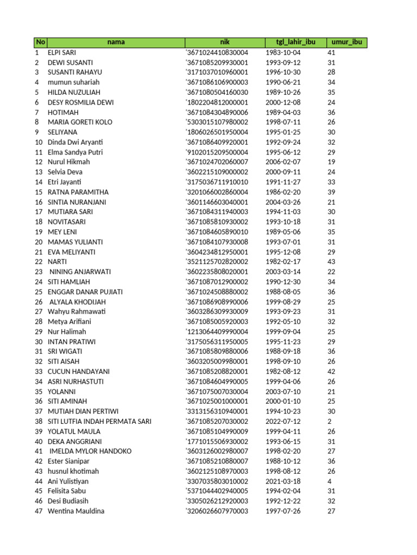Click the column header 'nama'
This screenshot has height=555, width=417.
pyautogui.click(x=116, y=42)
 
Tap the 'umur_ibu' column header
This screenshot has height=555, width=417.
pyautogui.click(x=347, y=42)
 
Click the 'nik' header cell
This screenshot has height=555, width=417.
pyautogui.click(x=225, y=42)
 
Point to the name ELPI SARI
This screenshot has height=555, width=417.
pyautogui.click(x=62, y=53)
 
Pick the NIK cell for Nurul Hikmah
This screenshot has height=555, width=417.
pyautogui.click(x=217, y=162)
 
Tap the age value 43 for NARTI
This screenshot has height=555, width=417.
pyautogui.click(x=331, y=262)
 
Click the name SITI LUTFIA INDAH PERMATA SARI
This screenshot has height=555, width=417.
pyautogui.click(x=99, y=421)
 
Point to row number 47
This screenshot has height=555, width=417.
pyautogui.click(x=39, y=511)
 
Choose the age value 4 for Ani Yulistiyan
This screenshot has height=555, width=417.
pyautogui.click(x=329, y=481)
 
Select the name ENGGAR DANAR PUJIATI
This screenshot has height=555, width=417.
pyautogui.click(x=85, y=292)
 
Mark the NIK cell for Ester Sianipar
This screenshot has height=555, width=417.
pyautogui.click(x=217, y=461)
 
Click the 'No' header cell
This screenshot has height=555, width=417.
pyautogui.click(x=40, y=42)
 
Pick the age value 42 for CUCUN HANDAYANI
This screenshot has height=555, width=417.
pyautogui.click(x=331, y=371)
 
